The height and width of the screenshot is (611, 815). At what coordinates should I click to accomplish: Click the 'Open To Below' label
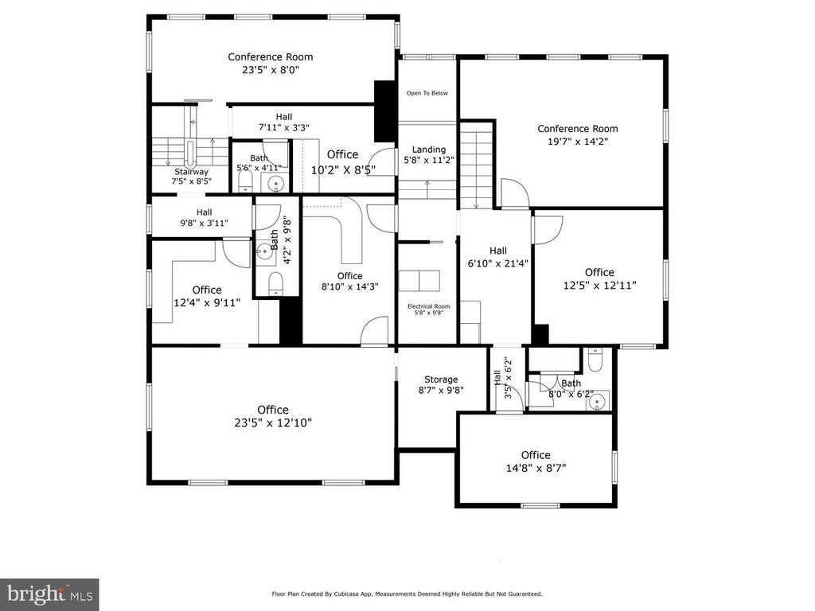click(x=427, y=94)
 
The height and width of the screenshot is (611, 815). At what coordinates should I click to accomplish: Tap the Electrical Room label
click(x=429, y=309)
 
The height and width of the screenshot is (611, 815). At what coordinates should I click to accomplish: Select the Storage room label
click(x=441, y=385)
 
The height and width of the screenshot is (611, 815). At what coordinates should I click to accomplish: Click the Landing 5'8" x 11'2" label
click(x=429, y=155)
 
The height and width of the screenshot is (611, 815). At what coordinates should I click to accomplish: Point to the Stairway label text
click(x=191, y=172)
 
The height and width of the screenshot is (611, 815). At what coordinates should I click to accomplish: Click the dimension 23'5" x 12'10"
click(x=273, y=423)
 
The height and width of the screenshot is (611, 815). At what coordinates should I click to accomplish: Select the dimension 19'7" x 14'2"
click(x=578, y=142)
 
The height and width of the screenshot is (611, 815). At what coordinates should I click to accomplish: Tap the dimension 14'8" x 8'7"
click(x=536, y=468)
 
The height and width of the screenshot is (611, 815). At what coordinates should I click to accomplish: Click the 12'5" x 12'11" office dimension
click(x=600, y=286)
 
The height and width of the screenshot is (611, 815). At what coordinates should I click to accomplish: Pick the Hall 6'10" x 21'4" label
click(x=498, y=257)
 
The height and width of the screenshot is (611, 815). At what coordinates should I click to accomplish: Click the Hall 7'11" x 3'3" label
click(x=284, y=122)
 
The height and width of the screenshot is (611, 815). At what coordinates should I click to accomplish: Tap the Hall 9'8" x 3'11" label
click(x=205, y=218)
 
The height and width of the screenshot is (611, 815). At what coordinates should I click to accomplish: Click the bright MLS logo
click(x=49, y=594)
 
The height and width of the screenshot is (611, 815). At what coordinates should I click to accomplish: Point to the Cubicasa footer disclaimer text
click(x=407, y=593)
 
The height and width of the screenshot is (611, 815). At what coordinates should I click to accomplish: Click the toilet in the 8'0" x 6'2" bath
click(x=595, y=360)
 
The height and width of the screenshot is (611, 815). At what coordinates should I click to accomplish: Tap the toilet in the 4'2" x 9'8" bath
click(x=275, y=285)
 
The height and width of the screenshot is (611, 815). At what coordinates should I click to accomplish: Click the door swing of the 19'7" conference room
click(x=516, y=193)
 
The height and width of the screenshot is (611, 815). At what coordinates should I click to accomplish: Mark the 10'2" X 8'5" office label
click(x=343, y=162)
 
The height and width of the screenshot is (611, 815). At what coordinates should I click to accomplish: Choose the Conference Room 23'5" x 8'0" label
click(x=271, y=64)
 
